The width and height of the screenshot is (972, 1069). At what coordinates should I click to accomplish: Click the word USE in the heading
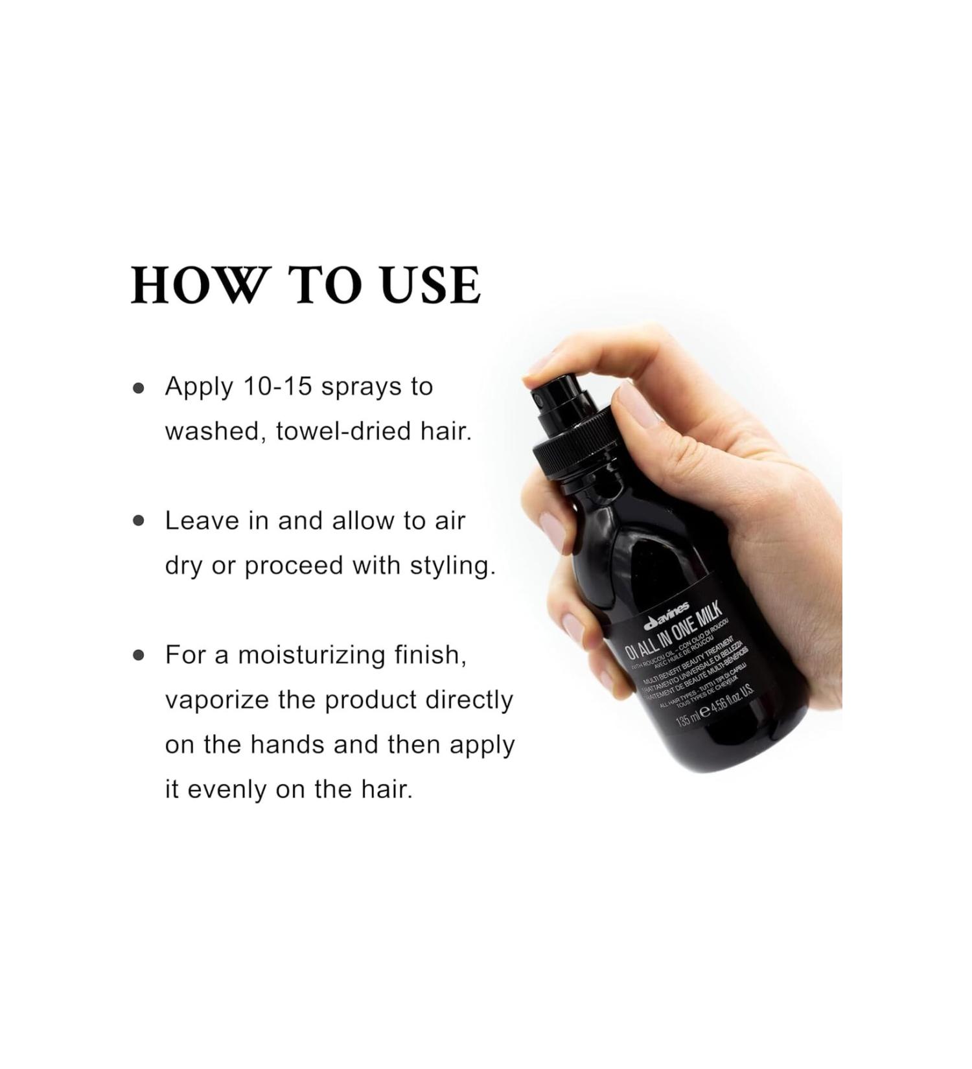[x=431, y=285]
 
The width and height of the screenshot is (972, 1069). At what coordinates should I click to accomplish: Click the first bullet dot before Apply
[x=138, y=388]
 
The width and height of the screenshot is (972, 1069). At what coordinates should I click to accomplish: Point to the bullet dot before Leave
[x=138, y=521]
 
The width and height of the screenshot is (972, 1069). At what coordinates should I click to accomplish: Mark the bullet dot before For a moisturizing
[x=138, y=655]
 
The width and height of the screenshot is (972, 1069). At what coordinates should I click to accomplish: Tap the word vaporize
[x=217, y=700]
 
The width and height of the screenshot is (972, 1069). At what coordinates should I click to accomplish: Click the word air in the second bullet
[x=452, y=521]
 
